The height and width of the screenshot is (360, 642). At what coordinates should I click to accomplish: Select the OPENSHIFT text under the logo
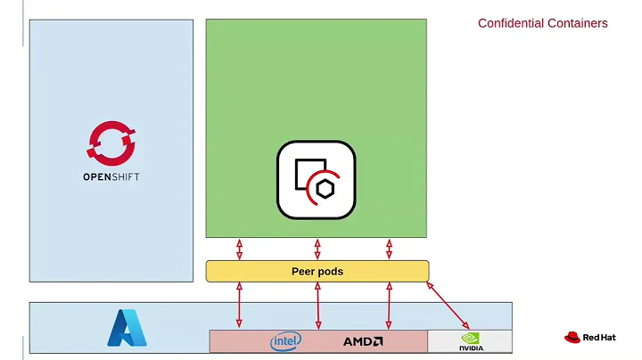111,176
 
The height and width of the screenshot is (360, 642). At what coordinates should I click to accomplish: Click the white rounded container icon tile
316,179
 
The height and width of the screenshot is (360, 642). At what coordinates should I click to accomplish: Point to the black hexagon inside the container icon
326,189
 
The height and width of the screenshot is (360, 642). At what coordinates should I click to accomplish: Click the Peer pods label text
317,271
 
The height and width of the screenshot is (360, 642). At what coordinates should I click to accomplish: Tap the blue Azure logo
126,327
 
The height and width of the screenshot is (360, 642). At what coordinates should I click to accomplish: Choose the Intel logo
285,341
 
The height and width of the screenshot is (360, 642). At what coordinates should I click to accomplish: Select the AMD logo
363,341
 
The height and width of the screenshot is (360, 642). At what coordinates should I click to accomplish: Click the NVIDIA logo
471,341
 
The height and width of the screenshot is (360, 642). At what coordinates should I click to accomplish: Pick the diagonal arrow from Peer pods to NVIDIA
449,306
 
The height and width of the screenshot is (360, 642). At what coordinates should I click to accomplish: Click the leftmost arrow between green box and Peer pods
239,249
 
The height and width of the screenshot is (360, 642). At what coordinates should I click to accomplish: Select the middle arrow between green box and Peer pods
317,249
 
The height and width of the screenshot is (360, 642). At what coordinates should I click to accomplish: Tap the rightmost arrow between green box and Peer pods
389,249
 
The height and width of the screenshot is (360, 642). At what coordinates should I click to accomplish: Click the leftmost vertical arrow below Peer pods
239,306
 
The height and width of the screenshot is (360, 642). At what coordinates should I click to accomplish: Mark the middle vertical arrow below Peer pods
317,306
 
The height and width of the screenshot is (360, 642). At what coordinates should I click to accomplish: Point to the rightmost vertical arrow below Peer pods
389,306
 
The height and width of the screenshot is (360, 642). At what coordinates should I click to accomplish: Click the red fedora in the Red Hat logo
572,338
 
